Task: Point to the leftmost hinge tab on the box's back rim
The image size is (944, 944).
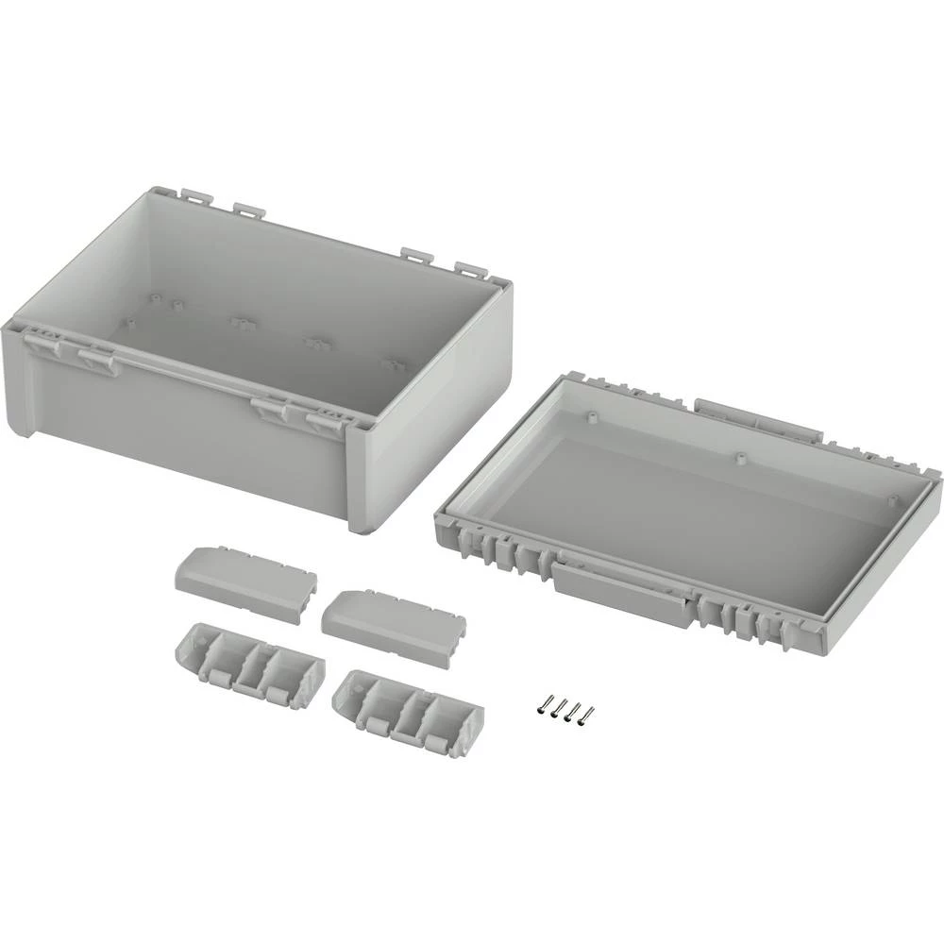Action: [194, 196]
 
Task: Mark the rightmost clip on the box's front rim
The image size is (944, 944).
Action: [327, 419]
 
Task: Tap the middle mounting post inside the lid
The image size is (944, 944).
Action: [739, 457]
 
